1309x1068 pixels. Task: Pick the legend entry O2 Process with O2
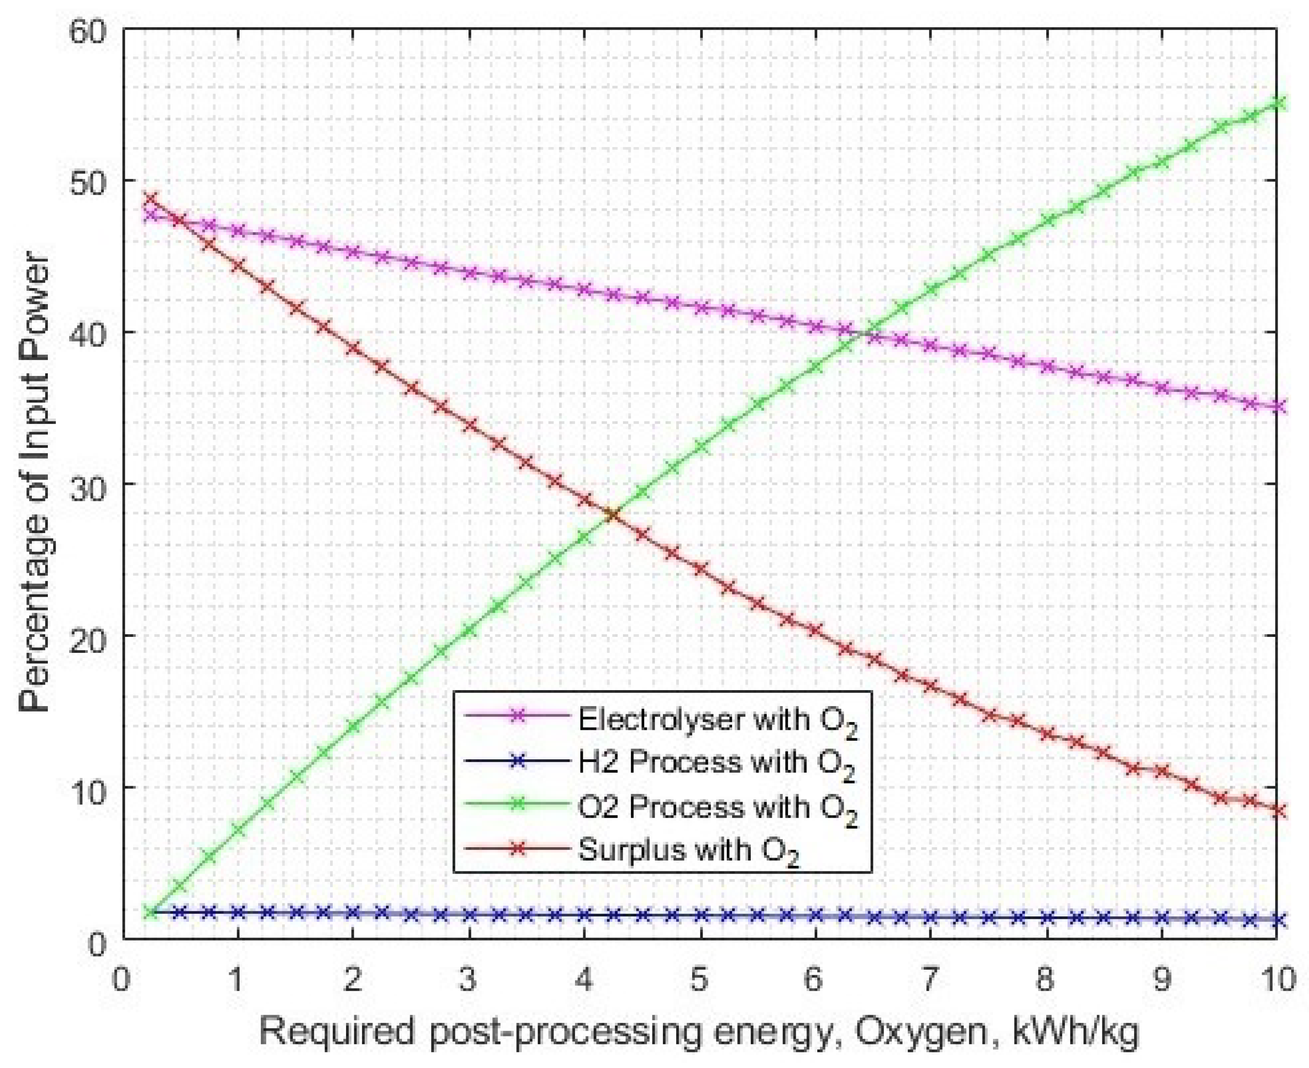pos(717,807)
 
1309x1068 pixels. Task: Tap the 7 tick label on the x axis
pos(929,979)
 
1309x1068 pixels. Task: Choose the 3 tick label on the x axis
pos(468,979)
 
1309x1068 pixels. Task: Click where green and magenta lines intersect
pos(866,333)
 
